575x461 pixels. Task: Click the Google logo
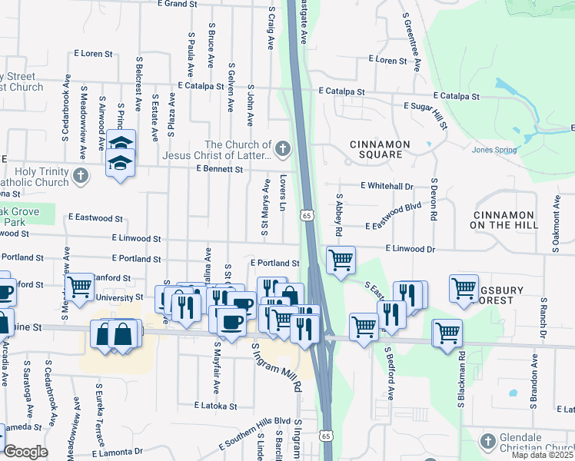tap(26, 452)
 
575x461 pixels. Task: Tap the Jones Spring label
tap(494, 150)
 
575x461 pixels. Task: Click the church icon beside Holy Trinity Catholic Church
tap(79, 177)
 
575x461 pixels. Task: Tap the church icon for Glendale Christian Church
tap(487, 441)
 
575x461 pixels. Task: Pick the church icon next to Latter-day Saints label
tap(284, 148)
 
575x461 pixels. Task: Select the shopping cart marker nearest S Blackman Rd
tap(447, 332)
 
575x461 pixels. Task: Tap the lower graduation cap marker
tap(119, 164)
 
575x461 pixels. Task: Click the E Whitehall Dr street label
tap(387, 186)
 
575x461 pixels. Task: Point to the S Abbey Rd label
tap(338, 214)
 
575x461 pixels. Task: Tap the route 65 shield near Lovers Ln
tap(307, 216)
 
